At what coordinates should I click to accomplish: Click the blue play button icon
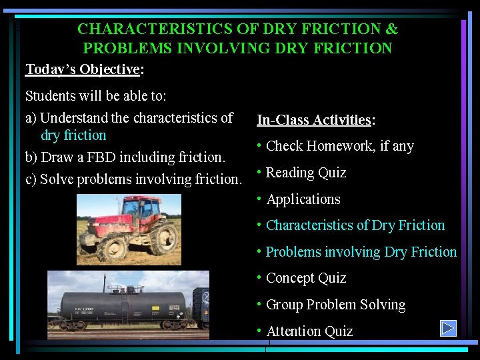tap(448, 329)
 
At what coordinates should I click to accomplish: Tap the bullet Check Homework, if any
tap(339, 146)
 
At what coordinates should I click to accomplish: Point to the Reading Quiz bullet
tap(305, 173)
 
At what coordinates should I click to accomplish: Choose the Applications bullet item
tap(303, 199)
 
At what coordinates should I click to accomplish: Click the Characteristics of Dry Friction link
tap(355, 225)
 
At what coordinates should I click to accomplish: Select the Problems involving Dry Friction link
tap(361, 252)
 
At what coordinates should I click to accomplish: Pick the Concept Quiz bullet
tap(305, 278)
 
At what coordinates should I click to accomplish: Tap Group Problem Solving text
tap(335, 305)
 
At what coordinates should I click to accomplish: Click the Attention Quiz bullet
tap(309, 331)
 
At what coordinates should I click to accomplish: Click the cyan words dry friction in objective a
tap(73, 135)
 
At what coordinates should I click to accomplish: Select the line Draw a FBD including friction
tap(125, 157)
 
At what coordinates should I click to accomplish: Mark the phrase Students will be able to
tap(95, 96)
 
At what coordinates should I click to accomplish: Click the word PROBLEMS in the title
tap(123, 48)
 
